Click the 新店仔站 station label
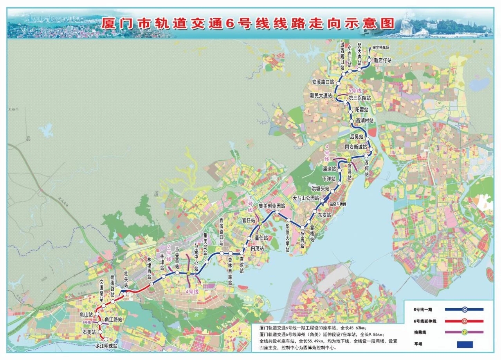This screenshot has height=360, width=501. pyautogui.click(x=382, y=61)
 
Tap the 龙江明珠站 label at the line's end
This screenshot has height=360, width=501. pyautogui.click(x=106, y=346)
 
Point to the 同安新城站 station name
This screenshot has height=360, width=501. pyautogui.click(x=355, y=147)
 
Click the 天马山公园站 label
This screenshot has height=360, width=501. pyautogui.click(x=306, y=198)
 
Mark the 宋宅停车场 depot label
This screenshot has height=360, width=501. pyautogui.click(x=381, y=47)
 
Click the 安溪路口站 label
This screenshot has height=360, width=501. pyautogui.click(x=323, y=83)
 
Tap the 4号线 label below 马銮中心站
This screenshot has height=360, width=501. pyautogui.click(x=192, y=292)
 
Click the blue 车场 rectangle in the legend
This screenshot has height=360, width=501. pyautogui.click(x=465, y=345)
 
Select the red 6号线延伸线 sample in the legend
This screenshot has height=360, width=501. pyautogui.click(x=464, y=321)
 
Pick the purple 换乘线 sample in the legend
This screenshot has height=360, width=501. pyautogui.click(x=464, y=332)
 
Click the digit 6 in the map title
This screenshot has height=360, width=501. pyautogui.click(x=229, y=23)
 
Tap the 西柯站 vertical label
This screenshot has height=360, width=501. pyautogui.click(x=367, y=168)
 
